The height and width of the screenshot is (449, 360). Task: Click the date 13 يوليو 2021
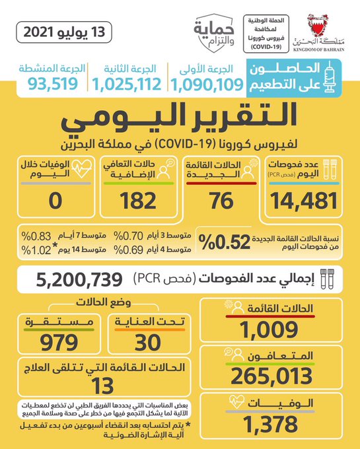pyautogui.click(x=64, y=32)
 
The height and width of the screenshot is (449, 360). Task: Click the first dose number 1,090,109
pyautogui.click(x=207, y=85)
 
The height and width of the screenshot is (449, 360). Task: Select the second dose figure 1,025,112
pyautogui.click(x=127, y=85)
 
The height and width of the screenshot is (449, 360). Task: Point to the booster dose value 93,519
pyautogui.click(x=53, y=84)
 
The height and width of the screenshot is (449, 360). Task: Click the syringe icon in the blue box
pyautogui.click(x=330, y=77)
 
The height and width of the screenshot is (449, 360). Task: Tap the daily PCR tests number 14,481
pyautogui.click(x=304, y=201)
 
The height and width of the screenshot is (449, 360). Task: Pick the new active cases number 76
pyautogui.click(x=221, y=201)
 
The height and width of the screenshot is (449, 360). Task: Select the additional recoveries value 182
pyautogui.click(x=138, y=201)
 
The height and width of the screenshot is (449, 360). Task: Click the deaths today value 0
pyautogui.click(x=55, y=201)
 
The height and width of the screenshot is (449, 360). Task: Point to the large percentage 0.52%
pyautogui.click(x=224, y=242)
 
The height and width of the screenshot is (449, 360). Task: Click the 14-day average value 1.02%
pyautogui.click(x=36, y=250)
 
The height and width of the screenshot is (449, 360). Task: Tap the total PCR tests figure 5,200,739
pyautogui.click(x=79, y=280)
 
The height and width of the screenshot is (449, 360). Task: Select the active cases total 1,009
pyautogui.click(x=269, y=329)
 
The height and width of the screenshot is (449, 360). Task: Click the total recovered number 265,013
pyautogui.click(x=271, y=376)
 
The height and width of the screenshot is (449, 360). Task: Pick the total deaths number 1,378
pyautogui.click(x=270, y=424)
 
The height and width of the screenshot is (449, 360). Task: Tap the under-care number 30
pyautogui.click(x=147, y=343)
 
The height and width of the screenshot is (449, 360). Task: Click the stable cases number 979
pyautogui.click(x=59, y=343)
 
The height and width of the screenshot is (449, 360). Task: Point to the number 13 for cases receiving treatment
pyautogui.click(x=102, y=386)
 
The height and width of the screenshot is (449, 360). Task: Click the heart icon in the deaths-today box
pyautogui.click(x=82, y=168)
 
